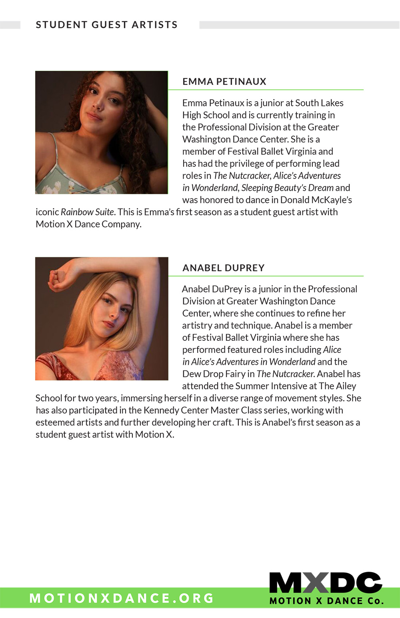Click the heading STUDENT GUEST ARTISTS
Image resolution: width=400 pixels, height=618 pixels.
106,25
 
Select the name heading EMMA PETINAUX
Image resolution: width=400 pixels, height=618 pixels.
224,82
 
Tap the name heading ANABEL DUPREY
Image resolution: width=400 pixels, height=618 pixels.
223,268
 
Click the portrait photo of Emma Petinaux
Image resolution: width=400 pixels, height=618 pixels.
102,132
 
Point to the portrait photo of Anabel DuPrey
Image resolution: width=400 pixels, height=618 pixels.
102,318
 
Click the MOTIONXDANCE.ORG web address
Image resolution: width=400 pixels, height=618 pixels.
122,598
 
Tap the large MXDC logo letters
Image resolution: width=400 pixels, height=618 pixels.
326,583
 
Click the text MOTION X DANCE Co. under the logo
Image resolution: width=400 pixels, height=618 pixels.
326,601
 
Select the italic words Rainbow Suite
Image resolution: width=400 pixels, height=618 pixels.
87,212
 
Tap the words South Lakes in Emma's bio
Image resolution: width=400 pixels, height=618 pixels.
319,103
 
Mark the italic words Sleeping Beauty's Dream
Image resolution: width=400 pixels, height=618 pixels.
287,188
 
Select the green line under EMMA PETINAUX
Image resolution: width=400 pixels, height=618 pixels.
266,90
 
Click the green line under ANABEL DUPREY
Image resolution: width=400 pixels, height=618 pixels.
266,276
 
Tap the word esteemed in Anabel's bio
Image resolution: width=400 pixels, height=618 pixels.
54,422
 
